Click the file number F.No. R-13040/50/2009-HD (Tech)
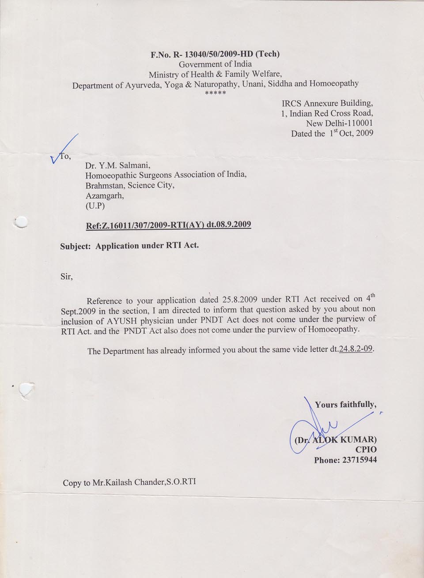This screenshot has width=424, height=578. tap(215, 54)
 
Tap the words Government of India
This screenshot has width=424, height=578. tap(215, 64)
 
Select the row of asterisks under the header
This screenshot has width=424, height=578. tap(216, 94)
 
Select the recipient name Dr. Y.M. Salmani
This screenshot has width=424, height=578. tap(118, 166)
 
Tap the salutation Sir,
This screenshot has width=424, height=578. tap(66, 277)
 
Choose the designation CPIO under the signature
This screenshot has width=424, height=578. tap(366, 450)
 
